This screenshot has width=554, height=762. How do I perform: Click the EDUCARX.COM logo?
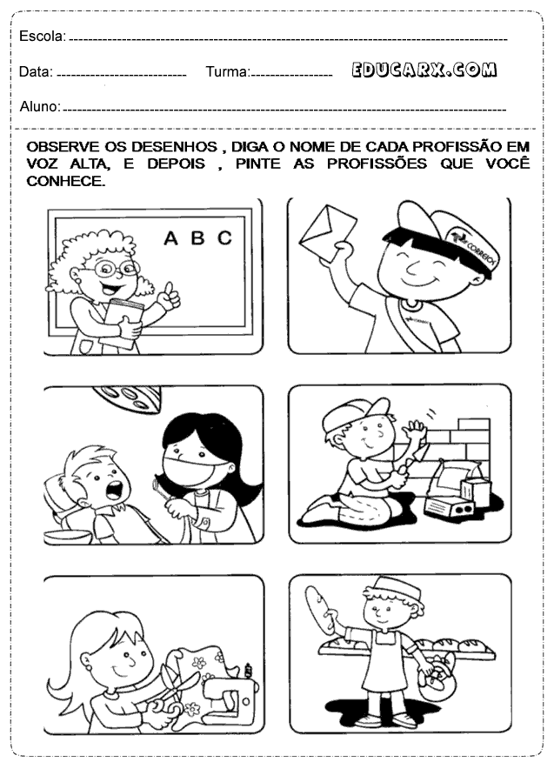coord(424,70)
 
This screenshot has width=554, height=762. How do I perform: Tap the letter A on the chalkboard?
coord(170,238)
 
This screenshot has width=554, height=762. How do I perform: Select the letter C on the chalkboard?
coord(224,237)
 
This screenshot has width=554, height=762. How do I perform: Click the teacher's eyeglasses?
coord(116,267)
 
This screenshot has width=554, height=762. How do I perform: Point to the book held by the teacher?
coord(123,324)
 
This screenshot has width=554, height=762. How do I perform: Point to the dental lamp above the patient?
coord(127,398)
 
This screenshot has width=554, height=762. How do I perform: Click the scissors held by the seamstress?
coord(171,689)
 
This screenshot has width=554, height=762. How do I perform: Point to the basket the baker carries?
coord(437,678)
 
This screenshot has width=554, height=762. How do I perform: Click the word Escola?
coord(42,36)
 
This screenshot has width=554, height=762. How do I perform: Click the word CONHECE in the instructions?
coord(65,181)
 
